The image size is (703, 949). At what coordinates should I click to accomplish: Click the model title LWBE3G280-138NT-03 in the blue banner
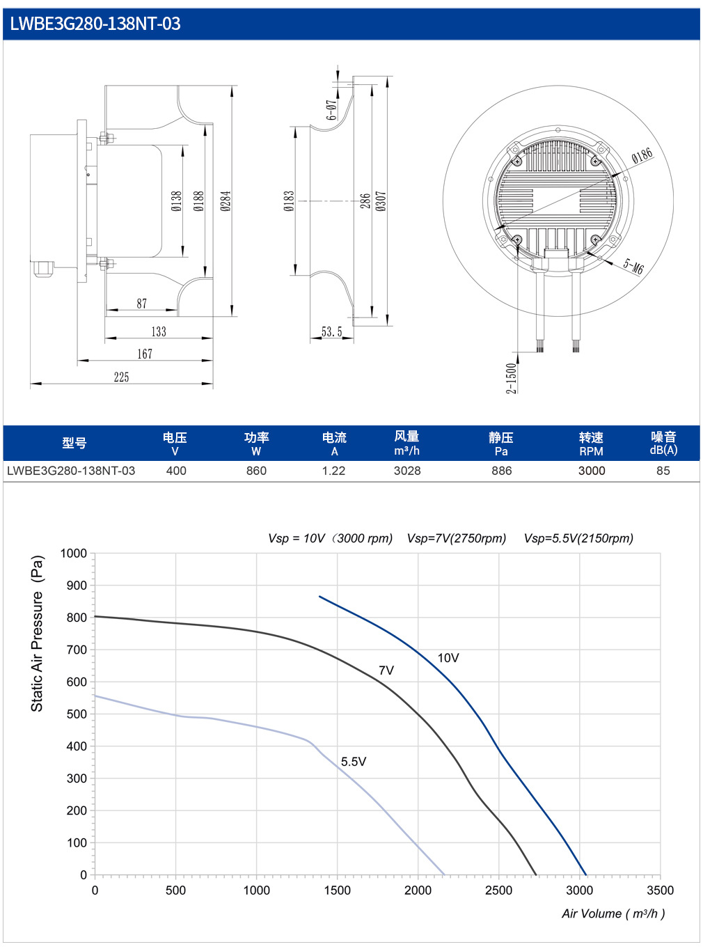(x=95, y=24)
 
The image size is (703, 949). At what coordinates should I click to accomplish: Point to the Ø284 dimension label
(x=226, y=201)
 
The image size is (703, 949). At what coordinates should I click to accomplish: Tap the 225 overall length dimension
(x=121, y=377)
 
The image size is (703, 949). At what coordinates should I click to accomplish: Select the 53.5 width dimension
(x=331, y=331)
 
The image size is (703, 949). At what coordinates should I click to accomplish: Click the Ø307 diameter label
(x=381, y=201)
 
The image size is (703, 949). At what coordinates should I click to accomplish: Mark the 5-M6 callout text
(x=633, y=266)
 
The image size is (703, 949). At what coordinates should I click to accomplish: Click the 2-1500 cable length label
(x=512, y=378)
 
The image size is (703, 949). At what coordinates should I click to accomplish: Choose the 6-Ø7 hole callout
(x=331, y=110)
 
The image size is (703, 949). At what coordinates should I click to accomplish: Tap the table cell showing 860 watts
(x=256, y=471)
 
